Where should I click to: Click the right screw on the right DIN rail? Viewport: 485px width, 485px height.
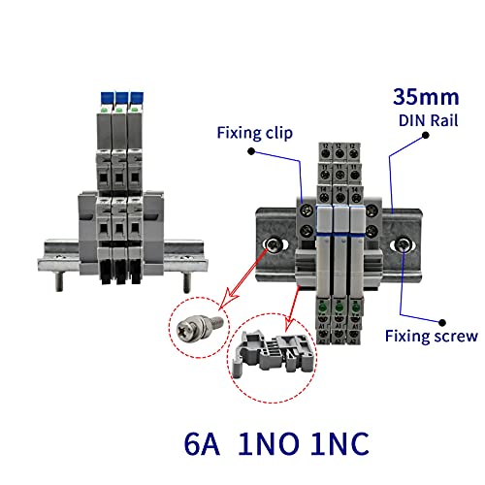point(400,248)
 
